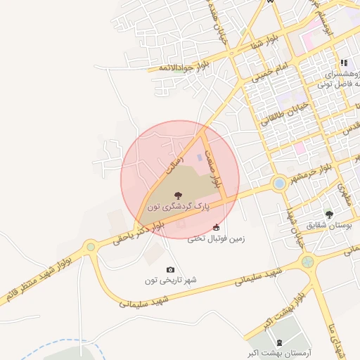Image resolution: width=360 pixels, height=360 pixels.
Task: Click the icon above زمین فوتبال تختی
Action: tap(216, 227)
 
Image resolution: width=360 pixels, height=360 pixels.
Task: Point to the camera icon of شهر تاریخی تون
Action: tap(170, 270)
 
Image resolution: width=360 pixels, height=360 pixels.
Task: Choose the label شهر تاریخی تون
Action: tap(170, 281)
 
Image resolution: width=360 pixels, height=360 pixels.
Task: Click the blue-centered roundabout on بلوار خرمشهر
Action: tap(279, 184)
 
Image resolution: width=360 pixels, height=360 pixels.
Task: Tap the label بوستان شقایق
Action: tap(328, 225)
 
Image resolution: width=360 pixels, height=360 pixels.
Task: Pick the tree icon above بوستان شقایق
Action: tap(328, 214)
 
